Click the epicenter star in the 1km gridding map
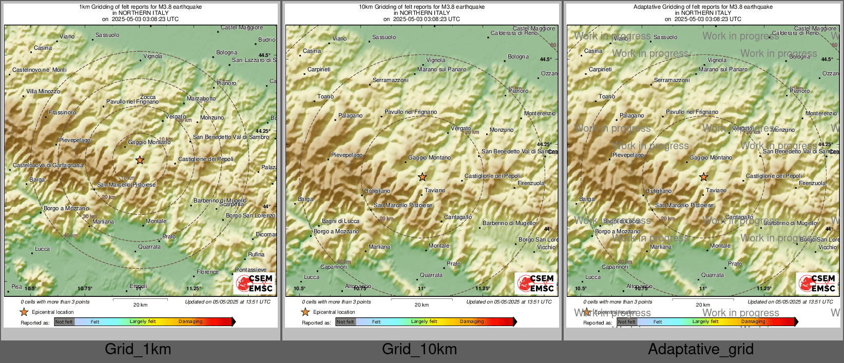pyautogui.click(x=140, y=160)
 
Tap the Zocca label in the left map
pyautogui.click(x=148, y=97)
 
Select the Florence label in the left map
pyautogui.click(x=207, y=272)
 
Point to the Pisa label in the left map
pyautogui.click(x=16, y=287)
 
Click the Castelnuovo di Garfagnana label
pyautogui.click(x=48, y=165)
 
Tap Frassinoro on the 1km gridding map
pyautogui.click(x=62, y=112)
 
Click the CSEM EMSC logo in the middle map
pyautogui.click(x=536, y=283)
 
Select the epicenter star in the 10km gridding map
pyautogui.click(x=422, y=177)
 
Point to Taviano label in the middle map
pyautogui.click(x=435, y=190)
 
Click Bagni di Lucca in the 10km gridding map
pyautogui.click(x=340, y=221)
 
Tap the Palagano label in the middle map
pyautogui.click(x=350, y=115)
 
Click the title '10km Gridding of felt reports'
pyautogui.click(x=421, y=7)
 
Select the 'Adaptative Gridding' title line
pyautogui.click(x=703, y=7)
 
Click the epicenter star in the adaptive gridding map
pyautogui.click(x=703, y=177)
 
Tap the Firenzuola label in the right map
pyautogui.click(x=812, y=183)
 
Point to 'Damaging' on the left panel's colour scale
pyautogui.click(x=190, y=321)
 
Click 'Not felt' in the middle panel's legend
pyautogui.click(x=346, y=322)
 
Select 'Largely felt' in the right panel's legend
pyautogui.click(x=705, y=321)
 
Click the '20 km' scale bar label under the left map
pyautogui.click(x=140, y=305)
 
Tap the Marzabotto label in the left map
pyautogui.click(x=201, y=98)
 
